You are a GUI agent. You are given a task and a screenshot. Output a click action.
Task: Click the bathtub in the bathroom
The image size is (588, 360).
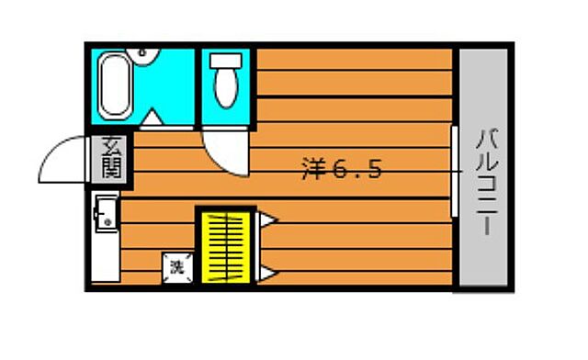click(x=115, y=84)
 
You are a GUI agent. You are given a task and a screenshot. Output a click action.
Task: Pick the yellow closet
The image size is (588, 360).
click(x=227, y=245)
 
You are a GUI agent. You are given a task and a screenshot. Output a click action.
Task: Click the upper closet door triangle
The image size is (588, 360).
click(x=267, y=219)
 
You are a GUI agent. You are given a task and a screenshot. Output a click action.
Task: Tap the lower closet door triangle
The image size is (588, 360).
click(x=267, y=272)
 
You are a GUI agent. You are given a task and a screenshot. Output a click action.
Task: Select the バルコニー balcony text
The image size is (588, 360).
click(x=484, y=181)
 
